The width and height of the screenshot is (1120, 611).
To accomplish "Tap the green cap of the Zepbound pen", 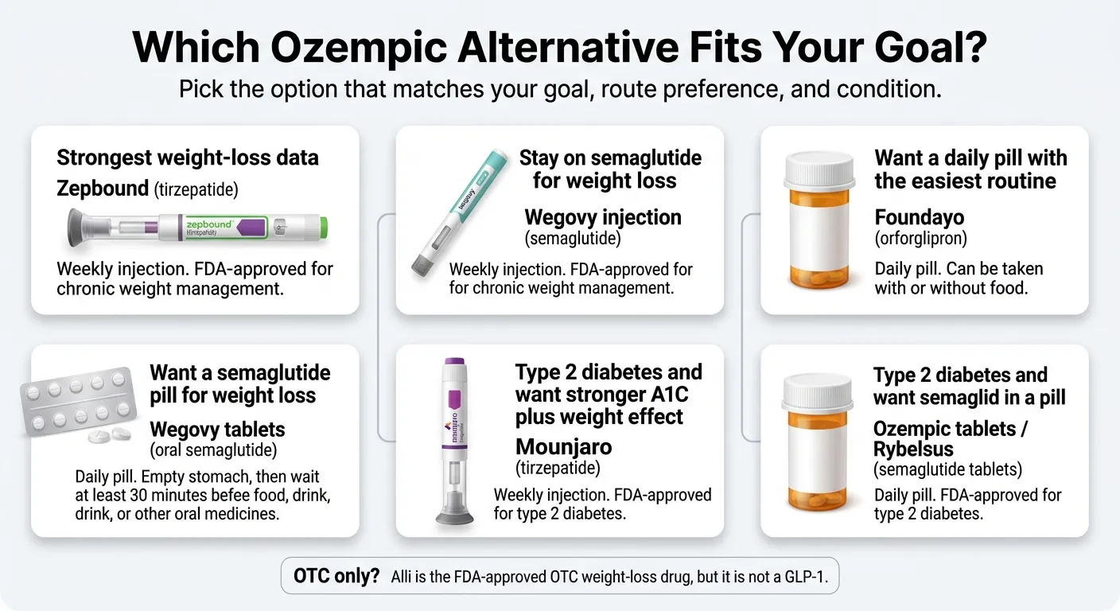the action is [x=324, y=228].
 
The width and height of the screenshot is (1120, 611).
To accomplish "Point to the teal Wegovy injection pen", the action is [x=460, y=212].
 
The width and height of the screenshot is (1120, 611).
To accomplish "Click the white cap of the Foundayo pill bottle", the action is [x=819, y=170].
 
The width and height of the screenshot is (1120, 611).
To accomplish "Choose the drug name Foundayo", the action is [x=919, y=217].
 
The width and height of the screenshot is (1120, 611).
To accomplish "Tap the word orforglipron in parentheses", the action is [x=920, y=239].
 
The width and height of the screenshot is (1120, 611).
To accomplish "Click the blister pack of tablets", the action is [x=79, y=403].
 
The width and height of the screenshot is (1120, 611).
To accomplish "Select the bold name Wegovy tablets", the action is [x=217, y=430].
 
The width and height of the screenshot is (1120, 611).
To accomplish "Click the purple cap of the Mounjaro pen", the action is [x=454, y=361].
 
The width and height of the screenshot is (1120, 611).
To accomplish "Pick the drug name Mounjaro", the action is [x=563, y=447].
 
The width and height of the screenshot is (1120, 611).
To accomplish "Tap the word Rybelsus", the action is [x=913, y=449].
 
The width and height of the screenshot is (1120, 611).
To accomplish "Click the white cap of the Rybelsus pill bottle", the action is [x=818, y=392].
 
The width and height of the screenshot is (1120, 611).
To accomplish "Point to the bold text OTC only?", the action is [x=336, y=576].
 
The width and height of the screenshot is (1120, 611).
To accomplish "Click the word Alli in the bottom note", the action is [x=401, y=577].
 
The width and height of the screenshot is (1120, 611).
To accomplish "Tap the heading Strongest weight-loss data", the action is [x=188, y=158].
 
